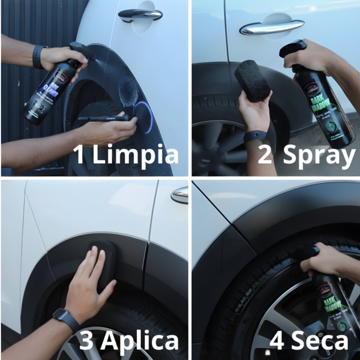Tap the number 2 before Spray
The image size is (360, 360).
click(265, 154)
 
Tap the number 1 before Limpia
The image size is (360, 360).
click(78, 154)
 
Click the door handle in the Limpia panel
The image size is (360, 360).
click(140, 14)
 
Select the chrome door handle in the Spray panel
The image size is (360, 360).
click(271, 27)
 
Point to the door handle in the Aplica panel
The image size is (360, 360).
click(179, 194)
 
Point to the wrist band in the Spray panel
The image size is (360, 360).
click(254, 137)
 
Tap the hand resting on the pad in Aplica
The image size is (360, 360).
click(90, 282)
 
